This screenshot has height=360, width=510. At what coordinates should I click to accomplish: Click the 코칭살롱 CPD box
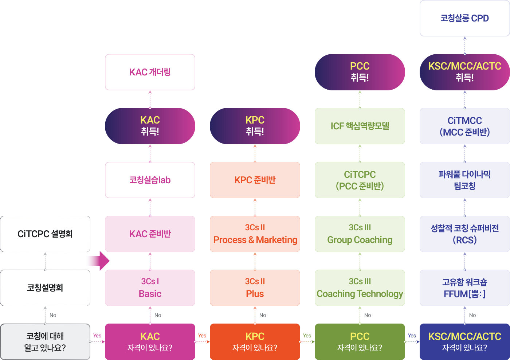[x=464, y=18]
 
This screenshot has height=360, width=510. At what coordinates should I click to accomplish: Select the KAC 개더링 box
[x=150, y=72]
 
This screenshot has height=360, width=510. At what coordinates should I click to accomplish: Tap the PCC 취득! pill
[x=360, y=72]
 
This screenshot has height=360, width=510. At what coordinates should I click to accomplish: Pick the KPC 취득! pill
[x=255, y=126]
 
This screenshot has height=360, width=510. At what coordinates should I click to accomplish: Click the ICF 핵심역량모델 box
[x=360, y=126]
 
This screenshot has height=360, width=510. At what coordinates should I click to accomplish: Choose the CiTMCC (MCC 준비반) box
[x=464, y=126]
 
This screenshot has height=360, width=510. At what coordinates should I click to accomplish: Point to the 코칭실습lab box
[x=150, y=180]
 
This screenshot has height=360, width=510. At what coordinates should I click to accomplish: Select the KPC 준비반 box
[x=255, y=180]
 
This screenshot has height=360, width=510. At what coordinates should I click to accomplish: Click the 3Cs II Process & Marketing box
[x=255, y=234]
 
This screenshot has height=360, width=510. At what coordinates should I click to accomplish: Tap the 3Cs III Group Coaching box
[x=360, y=234]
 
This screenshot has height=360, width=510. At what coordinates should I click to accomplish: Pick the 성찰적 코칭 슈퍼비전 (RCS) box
[x=464, y=234]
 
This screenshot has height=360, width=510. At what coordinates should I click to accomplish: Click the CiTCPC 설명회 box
[x=45, y=234]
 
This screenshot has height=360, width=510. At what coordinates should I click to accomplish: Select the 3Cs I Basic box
[x=150, y=288]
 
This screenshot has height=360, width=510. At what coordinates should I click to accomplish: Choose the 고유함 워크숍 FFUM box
[x=464, y=288]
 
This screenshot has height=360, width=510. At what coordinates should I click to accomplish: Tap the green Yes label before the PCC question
[x=307, y=336]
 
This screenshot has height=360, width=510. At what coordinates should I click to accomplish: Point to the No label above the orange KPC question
[x=263, y=315]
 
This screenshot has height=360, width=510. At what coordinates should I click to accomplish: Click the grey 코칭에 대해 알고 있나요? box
[x=45, y=342]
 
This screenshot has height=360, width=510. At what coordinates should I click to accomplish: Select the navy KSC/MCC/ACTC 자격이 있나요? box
[x=464, y=342]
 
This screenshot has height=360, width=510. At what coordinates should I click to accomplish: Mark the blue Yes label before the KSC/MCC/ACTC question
[x=412, y=336]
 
